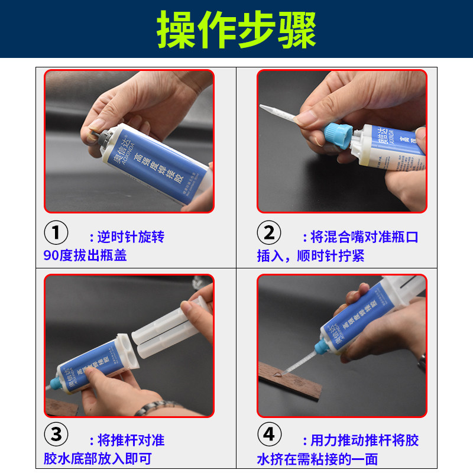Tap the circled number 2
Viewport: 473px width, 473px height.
(269, 233)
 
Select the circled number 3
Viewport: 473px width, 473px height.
(56, 435)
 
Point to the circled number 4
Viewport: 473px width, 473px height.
(269, 435)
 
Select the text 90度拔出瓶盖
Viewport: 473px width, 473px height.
(85, 256)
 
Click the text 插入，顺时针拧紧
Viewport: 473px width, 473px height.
(310, 256)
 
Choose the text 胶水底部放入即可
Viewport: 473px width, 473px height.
(98, 459)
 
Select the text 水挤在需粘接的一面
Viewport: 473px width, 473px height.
(317, 459)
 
